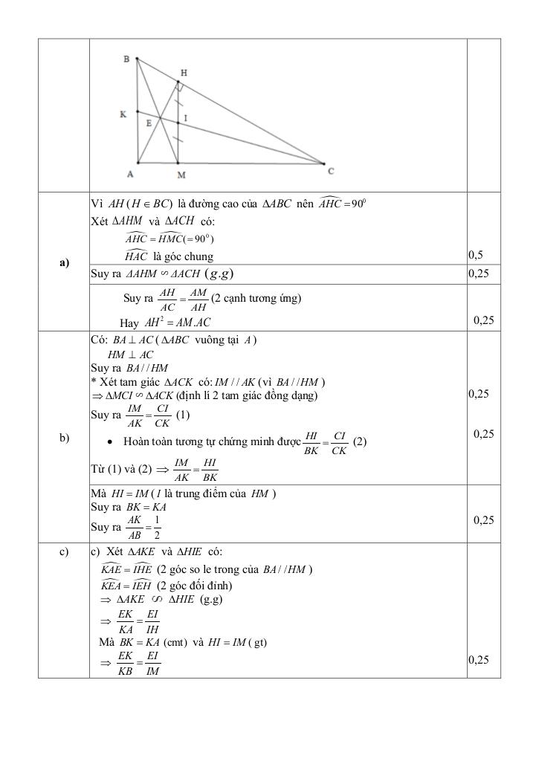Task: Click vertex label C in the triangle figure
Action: coord(331,171)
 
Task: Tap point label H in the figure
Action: coord(184,73)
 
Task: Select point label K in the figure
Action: coord(123,114)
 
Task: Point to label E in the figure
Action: coord(149,123)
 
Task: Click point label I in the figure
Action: coord(185,118)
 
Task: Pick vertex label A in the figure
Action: coord(130,175)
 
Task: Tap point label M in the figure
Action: coord(181,175)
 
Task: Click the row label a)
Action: coord(63,262)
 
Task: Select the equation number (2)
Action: coord(361,441)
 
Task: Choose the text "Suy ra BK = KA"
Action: coord(128,507)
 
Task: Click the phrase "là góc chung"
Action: coord(183,256)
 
